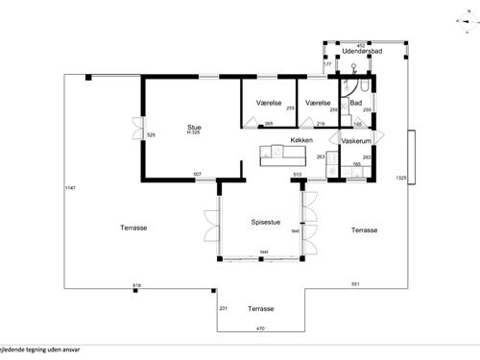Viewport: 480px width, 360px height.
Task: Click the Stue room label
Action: coord(194,125)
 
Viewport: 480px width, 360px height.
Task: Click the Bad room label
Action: coord(355,102)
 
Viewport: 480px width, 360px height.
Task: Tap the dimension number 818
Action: coord(136,286)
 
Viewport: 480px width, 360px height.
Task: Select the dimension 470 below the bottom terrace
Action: coord(259,329)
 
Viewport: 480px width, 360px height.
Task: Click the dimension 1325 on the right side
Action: coord(401,178)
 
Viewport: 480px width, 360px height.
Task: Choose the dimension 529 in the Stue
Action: coord(151,135)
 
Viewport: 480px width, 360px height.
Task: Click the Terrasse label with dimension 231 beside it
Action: coord(261,309)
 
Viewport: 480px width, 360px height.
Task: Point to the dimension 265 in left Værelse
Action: coord(269,123)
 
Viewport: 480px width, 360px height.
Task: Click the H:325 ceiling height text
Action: coord(194,132)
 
